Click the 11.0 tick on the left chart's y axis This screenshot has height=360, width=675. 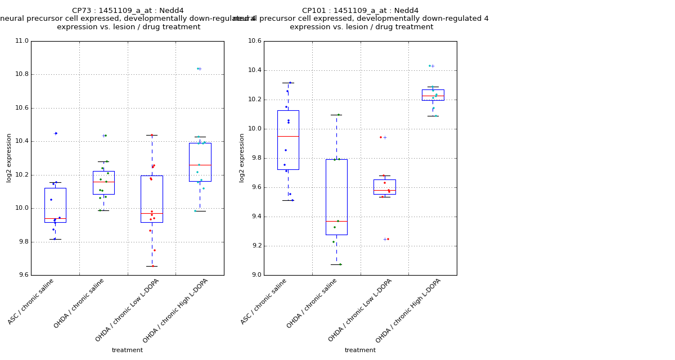21,41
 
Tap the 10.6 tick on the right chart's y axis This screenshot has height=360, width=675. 254,41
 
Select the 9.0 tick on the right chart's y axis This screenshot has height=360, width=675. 256,275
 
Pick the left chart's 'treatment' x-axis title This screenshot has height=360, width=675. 127,350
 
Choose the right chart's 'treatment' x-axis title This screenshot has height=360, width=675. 360,350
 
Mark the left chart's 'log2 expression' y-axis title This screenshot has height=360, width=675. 9,157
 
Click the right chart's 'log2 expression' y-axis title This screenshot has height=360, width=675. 242,157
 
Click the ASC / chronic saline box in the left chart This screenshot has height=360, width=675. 55,205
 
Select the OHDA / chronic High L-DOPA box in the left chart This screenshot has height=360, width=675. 200,162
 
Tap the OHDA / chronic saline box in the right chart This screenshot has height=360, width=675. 336,197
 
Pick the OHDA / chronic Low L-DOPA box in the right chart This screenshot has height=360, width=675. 384,187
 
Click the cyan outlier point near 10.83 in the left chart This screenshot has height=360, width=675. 198,69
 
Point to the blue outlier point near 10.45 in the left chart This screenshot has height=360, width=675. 56,133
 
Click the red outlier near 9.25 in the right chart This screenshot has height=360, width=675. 388,239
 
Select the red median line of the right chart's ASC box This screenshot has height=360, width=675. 288,136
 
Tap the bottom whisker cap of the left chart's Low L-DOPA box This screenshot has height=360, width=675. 152,266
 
